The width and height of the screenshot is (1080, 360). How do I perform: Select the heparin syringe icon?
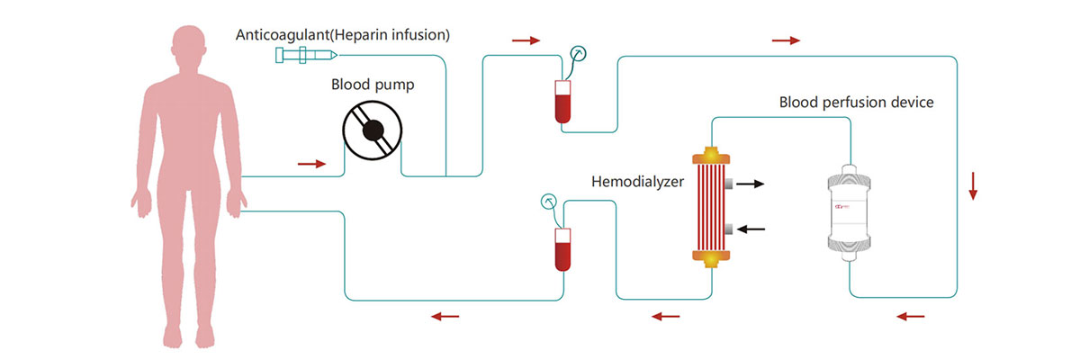pyautogui.click(x=306, y=56)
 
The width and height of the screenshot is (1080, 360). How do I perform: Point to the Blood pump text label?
pyautogui.click(x=372, y=85)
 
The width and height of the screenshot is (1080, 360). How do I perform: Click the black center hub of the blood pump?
pyautogui.click(x=372, y=131)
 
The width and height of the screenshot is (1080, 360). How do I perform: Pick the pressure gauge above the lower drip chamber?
pyautogui.click(x=547, y=202)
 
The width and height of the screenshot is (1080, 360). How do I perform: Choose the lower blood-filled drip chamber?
pyautogui.click(x=563, y=249)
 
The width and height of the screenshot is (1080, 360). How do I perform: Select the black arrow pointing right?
pyautogui.click(x=749, y=184)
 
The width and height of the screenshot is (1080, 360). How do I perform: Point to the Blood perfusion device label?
pyautogui.click(x=856, y=102)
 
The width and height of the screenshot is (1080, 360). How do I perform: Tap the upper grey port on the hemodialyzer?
pyautogui.click(x=727, y=184)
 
